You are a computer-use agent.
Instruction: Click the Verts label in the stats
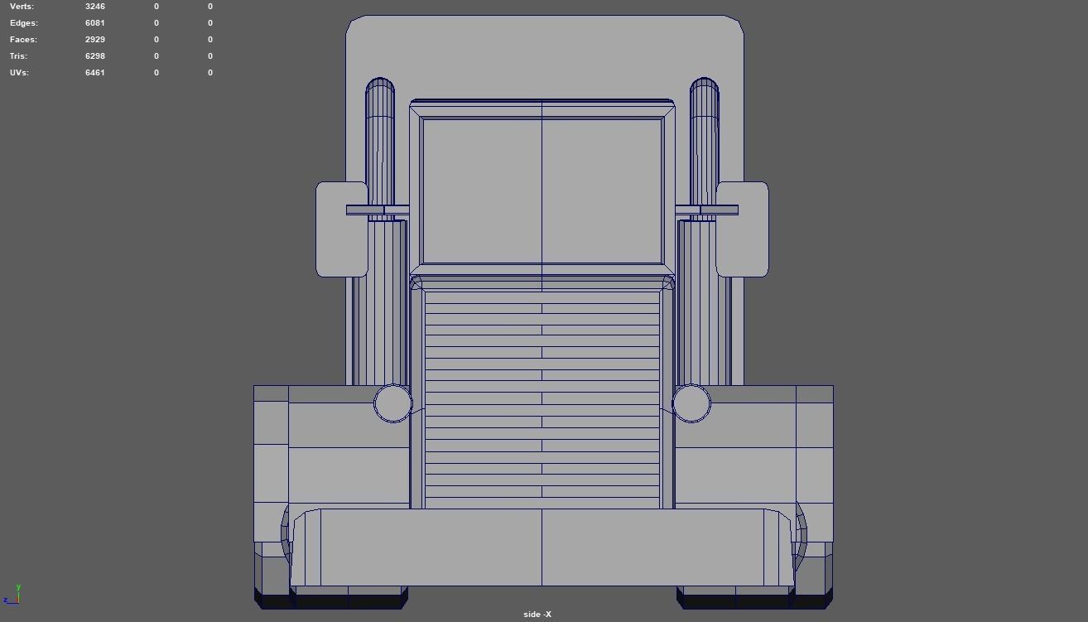tap(22, 7)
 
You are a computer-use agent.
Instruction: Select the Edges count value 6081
tap(95, 23)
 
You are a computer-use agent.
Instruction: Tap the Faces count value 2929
tap(95, 40)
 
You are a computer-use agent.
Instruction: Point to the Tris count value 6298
tap(95, 56)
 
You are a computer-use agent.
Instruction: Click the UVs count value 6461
tap(95, 73)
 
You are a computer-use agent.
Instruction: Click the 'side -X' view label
tap(537, 614)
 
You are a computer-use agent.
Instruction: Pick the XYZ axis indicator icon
tap(12, 595)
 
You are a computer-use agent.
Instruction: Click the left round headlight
tap(392, 403)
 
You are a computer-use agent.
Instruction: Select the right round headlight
tap(691, 403)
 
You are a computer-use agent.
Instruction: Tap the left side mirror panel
tap(341, 229)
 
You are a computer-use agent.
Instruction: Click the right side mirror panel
tap(743, 229)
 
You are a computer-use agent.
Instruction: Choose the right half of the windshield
tap(602, 190)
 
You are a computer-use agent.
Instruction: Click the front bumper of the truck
tap(542, 547)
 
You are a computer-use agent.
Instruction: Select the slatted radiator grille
tap(542, 398)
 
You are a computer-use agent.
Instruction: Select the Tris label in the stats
tap(18, 56)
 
